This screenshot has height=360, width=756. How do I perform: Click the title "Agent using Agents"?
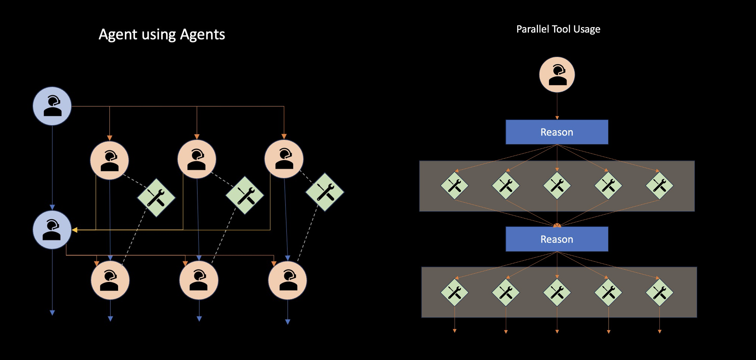(x=162, y=34)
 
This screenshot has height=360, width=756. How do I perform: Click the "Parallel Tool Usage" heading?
(x=558, y=29)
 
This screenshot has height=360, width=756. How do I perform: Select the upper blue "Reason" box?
(x=556, y=132)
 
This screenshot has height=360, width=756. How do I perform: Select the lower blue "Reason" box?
(x=556, y=239)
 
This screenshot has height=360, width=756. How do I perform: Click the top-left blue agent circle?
(x=52, y=106)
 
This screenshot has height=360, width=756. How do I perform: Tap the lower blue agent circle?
(x=52, y=230)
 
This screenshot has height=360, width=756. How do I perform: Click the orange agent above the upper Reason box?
(x=557, y=75)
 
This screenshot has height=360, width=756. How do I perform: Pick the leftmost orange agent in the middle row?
(x=109, y=160)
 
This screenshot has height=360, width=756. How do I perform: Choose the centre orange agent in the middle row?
(x=197, y=159)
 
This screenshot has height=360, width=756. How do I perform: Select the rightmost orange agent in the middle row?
(x=284, y=159)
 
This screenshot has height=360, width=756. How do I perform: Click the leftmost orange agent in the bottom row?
(x=110, y=280)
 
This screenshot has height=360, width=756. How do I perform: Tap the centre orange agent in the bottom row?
(x=199, y=280)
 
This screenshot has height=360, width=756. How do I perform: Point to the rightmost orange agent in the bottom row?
(x=287, y=280)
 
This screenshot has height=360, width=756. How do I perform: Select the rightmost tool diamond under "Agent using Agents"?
(x=324, y=192)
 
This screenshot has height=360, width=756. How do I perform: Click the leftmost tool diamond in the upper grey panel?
(x=455, y=186)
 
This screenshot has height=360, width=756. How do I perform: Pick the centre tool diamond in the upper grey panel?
(x=557, y=186)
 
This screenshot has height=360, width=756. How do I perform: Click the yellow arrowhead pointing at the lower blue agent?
(x=75, y=230)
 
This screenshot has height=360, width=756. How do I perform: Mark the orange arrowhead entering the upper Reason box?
(x=557, y=118)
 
